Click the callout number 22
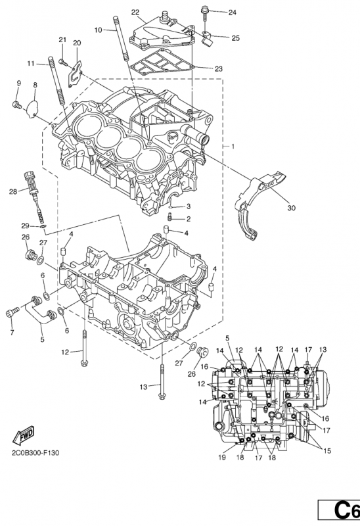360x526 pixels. (135, 12)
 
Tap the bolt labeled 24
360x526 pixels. (204, 11)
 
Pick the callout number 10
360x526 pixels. (98, 30)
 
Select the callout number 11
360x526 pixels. (30, 63)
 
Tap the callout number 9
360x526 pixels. (18, 83)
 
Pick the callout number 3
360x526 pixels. (188, 206)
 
